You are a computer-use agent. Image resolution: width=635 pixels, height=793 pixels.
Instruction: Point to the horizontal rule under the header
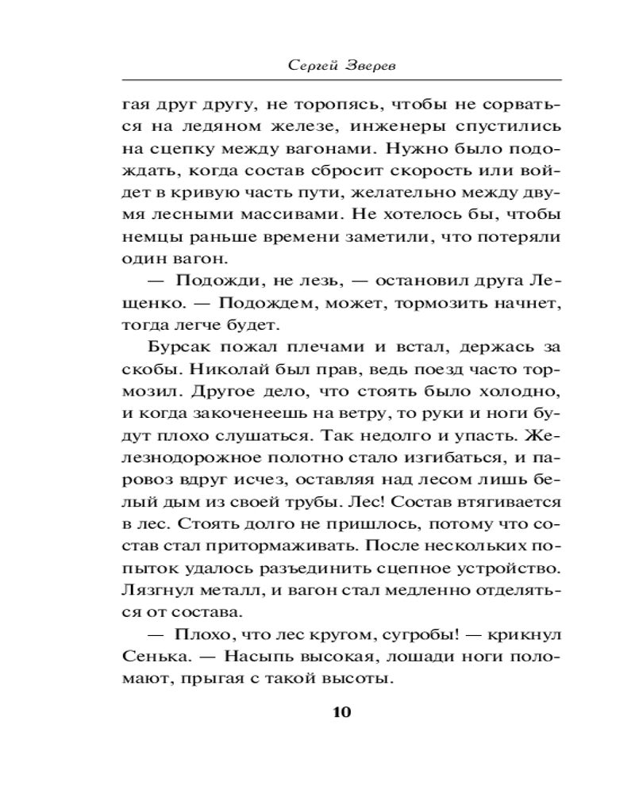click(x=341, y=81)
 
